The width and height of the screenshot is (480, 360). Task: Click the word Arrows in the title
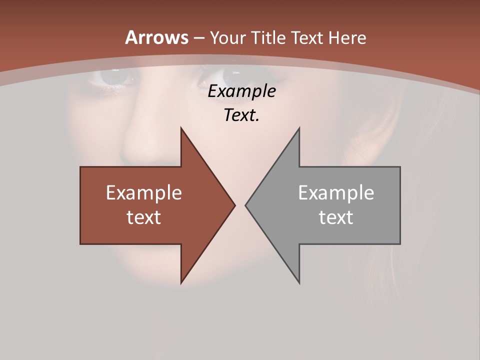point(156,37)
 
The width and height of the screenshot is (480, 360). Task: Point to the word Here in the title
point(347,38)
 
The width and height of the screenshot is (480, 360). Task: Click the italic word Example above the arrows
point(242,91)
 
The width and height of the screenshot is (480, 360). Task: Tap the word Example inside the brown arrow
point(144,193)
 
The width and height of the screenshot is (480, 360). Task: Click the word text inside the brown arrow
point(144,217)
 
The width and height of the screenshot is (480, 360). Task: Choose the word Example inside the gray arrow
point(336,193)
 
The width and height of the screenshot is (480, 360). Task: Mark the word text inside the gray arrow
point(336,217)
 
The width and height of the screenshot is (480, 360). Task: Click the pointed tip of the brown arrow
point(234,205)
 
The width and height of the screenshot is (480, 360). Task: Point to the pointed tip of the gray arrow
point(246,205)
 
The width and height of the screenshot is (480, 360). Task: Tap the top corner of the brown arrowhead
point(181,129)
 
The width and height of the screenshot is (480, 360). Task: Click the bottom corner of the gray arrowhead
point(299,282)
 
